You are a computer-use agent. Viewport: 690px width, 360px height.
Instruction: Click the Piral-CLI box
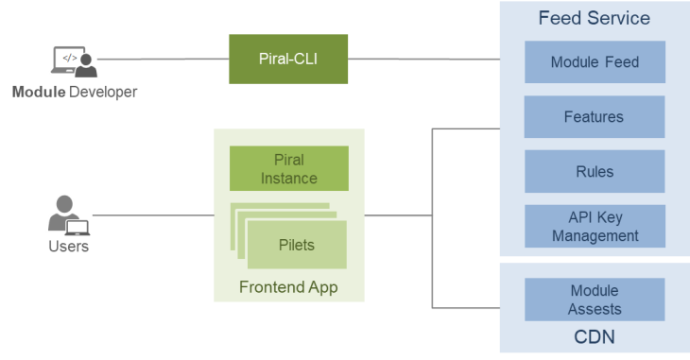coord(288,59)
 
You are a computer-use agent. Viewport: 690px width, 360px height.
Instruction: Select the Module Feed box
coord(595,62)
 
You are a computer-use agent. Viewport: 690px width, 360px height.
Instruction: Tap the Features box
coord(595,117)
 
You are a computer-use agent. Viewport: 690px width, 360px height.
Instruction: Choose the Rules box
coord(595,172)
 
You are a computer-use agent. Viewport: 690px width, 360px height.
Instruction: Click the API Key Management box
coord(595,227)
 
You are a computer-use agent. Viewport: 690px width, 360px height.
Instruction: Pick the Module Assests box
coord(595,300)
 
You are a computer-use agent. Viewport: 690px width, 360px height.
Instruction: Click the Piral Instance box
coord(289,168)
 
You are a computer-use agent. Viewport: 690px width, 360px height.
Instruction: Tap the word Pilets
coord(296,245)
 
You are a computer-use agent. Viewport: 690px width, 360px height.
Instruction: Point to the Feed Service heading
coord(594,18)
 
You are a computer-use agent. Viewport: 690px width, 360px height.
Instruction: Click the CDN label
coord(595,337)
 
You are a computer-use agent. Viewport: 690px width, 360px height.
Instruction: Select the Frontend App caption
coord(288,286)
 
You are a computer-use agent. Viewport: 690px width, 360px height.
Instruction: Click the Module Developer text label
coord(74,93)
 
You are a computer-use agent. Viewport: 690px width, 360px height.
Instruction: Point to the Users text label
coord(68,248)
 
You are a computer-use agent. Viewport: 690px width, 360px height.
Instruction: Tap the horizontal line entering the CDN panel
coord(465,308)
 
